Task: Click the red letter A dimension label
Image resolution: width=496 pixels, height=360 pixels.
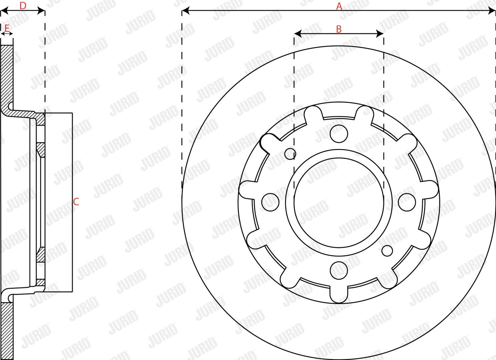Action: pyautogui.click(x=339, y=6)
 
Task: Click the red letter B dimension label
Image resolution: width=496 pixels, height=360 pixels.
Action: pyautogui.click(x=339, y=29)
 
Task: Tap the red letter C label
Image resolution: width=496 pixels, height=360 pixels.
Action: pyautogui.click(x=76, y=202)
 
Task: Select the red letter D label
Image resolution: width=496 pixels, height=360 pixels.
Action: pyautogui.click(x=23, y=6)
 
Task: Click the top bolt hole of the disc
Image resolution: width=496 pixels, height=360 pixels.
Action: pyautogui.click(x=339, y=134)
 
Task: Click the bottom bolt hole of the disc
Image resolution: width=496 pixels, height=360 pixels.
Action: pyautogui.click(x=339, y=270)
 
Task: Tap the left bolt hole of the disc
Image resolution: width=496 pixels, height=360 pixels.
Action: pyautogui.click(x=270, y=202)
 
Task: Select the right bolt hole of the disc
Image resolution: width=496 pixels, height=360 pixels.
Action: pyautogui.click(x=407, y=202)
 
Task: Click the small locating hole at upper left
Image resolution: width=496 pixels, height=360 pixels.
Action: pyautogui.click(x=290, y=154)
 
